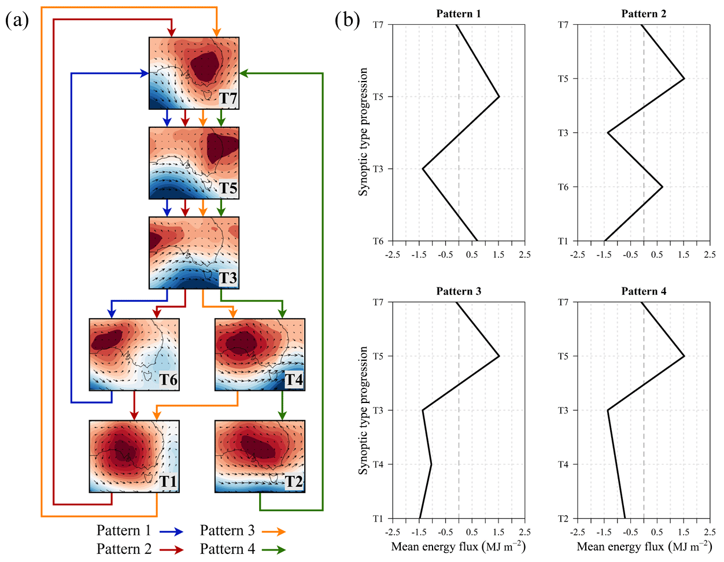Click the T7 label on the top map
[x=228, y=98]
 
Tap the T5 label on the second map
[x=228, y=188]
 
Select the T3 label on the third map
[x=228, y=278]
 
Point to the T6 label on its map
[x=168, y=380]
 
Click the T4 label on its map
[x=294, y=380]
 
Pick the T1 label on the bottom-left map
[x=168, y=482]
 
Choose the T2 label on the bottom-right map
[x=294, y=482]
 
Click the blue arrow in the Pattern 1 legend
[x=171, y=531]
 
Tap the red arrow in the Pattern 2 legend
[x=171, y=549]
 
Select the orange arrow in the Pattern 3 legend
[x=274, y=531]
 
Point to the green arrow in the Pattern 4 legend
[x=274, y=549]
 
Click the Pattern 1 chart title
[x=458, y=14]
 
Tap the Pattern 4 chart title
[x=644, y=291]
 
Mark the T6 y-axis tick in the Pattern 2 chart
[x=563, y=187]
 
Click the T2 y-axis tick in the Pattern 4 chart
[x=563, y=519]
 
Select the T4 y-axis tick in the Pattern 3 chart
[x=378, y=464]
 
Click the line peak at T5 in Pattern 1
[x=498, y=97]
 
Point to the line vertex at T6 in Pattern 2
[x=662, y=187]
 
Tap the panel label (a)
[x=17, y=21]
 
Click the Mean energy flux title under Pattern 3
[x=458, y=546]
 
